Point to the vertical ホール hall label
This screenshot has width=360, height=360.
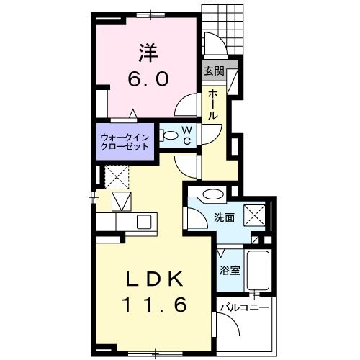214,104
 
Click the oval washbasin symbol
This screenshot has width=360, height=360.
211,193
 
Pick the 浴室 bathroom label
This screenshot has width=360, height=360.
230,271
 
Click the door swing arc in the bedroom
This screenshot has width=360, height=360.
188,107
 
